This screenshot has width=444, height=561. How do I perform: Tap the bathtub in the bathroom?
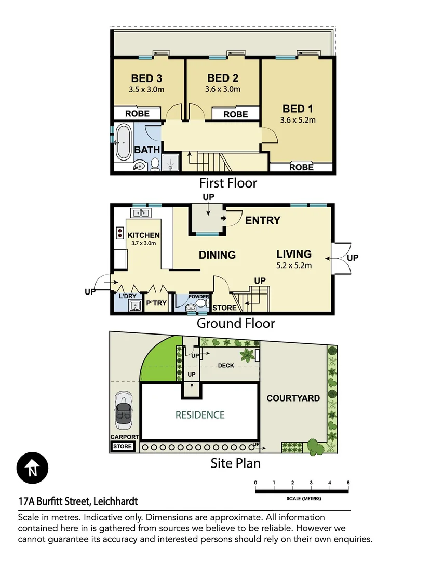124,142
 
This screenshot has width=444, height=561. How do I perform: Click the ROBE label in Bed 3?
138,114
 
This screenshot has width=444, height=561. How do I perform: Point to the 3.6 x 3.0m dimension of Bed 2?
223,89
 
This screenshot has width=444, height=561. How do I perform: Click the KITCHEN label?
144,235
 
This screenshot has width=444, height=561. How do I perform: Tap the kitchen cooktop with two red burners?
119,232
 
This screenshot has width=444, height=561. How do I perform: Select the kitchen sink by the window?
140,212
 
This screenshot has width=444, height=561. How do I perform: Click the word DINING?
218,255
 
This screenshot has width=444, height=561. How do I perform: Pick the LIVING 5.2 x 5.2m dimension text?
294,266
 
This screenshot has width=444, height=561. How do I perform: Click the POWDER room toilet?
201,304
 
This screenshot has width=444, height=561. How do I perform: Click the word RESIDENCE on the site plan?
200,415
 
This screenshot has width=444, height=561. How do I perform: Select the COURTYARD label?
293,398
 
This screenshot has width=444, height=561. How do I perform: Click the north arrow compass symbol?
32,469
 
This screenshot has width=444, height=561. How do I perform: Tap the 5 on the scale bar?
348,483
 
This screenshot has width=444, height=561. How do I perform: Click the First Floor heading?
228,183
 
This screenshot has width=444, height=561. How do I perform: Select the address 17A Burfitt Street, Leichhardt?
78,502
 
